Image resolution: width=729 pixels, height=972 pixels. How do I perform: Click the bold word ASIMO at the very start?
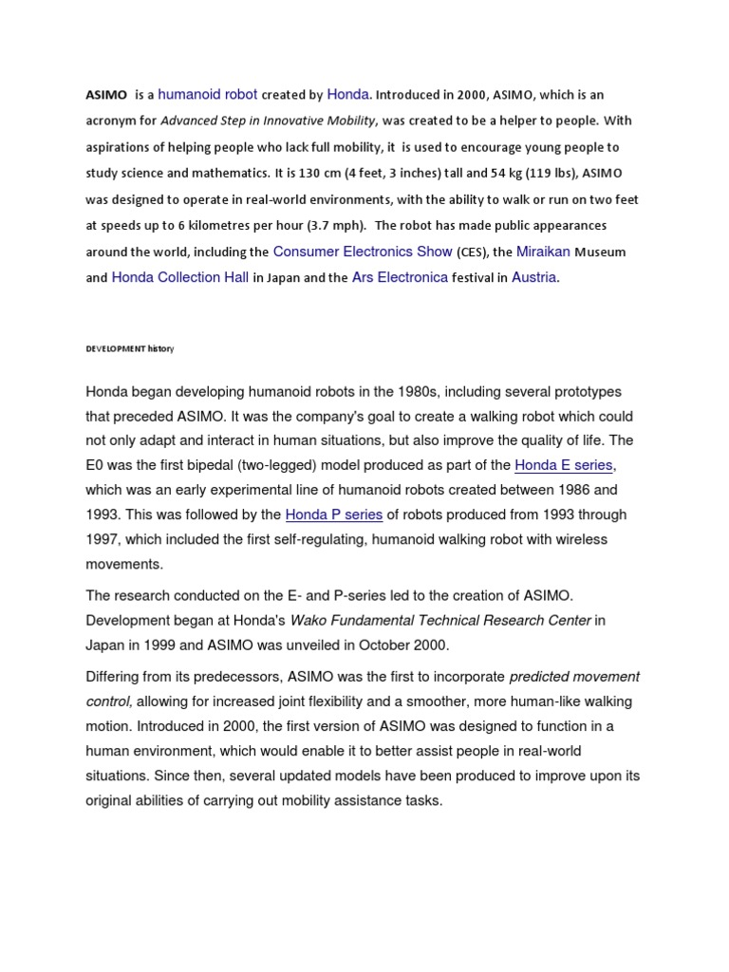(x=106, y=95)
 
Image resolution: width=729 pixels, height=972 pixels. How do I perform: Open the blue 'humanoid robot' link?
(x=207, y=94)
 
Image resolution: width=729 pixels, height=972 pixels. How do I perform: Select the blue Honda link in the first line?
(x=348, y=94)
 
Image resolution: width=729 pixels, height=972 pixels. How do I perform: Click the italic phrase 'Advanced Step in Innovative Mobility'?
(x=269, y=121)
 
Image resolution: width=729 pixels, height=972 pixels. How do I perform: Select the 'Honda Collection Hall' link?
(x=180, y=277)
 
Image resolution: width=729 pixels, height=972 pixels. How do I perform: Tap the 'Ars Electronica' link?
(x=400, y=277)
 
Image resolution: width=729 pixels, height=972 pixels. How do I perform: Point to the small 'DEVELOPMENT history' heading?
(x=130, y=349)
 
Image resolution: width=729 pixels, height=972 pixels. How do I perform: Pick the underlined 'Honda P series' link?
(x=334, y=514)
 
